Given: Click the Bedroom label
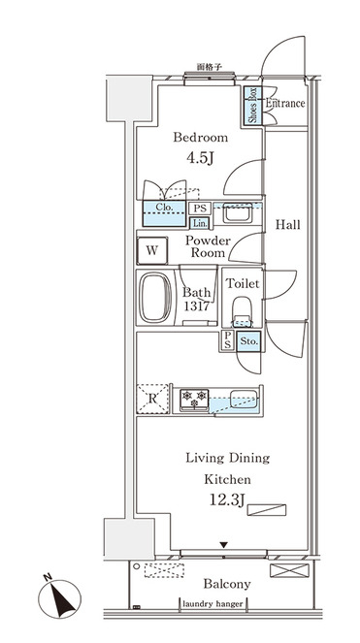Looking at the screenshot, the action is [x=200, y=137].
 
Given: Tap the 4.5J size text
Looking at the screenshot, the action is [x=200, y=158].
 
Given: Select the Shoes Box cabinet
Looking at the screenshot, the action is [x=252, y=106].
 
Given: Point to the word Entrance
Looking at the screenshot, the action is [x=285, y=103].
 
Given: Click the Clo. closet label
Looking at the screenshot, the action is [x=164, y=208].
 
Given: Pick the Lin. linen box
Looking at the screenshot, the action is [x=200, y=223].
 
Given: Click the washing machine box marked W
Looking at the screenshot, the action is [x=152, y=250].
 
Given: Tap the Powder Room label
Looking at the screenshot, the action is [x=208, y=246].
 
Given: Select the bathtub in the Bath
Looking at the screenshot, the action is [x=155, y=298].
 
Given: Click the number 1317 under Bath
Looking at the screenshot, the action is [x=197, y=306].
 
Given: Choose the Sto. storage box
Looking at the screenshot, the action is [x=248, y=340].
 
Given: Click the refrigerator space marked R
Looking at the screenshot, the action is [x=152, y=399].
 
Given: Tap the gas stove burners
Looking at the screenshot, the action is [x=195, y=400].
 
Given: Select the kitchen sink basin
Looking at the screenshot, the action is [x=244, y=399].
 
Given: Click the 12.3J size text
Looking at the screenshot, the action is [x=227, y=499].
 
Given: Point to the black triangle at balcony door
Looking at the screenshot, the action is [x=223, y=545].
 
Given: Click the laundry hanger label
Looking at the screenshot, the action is [x=213, y=604].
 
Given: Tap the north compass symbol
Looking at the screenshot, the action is [x=59, y=597].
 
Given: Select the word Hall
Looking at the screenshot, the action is [x=287, y=224].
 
